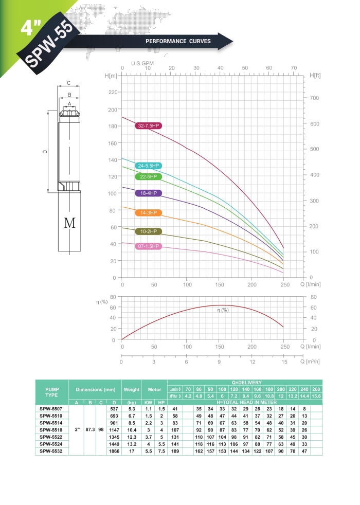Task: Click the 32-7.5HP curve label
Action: [x=149, y=125]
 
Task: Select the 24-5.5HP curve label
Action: [x=149, y=166]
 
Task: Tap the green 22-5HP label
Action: [x=149, y=176]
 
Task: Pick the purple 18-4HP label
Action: [x=149, y=193]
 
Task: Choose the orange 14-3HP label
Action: [x=149, y=213]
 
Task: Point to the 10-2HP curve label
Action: [x=149, y=231]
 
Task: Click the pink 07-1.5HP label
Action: [x=149, y=246]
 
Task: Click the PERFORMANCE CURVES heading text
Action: [x=178, y=41]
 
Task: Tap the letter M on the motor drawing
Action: [x=70, y=223]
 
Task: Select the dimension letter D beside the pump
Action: [x=45, y=152]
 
